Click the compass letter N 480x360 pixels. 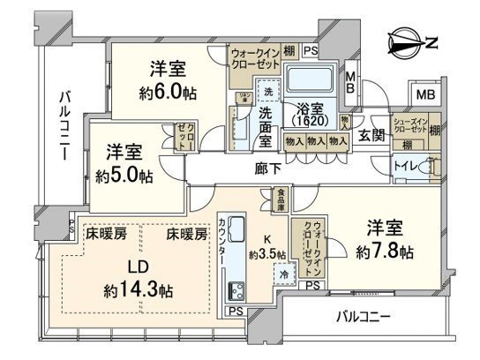(429, 39)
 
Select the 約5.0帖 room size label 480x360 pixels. (124, 175)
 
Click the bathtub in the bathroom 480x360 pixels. (311, 86)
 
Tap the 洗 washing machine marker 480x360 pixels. (267, 92)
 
